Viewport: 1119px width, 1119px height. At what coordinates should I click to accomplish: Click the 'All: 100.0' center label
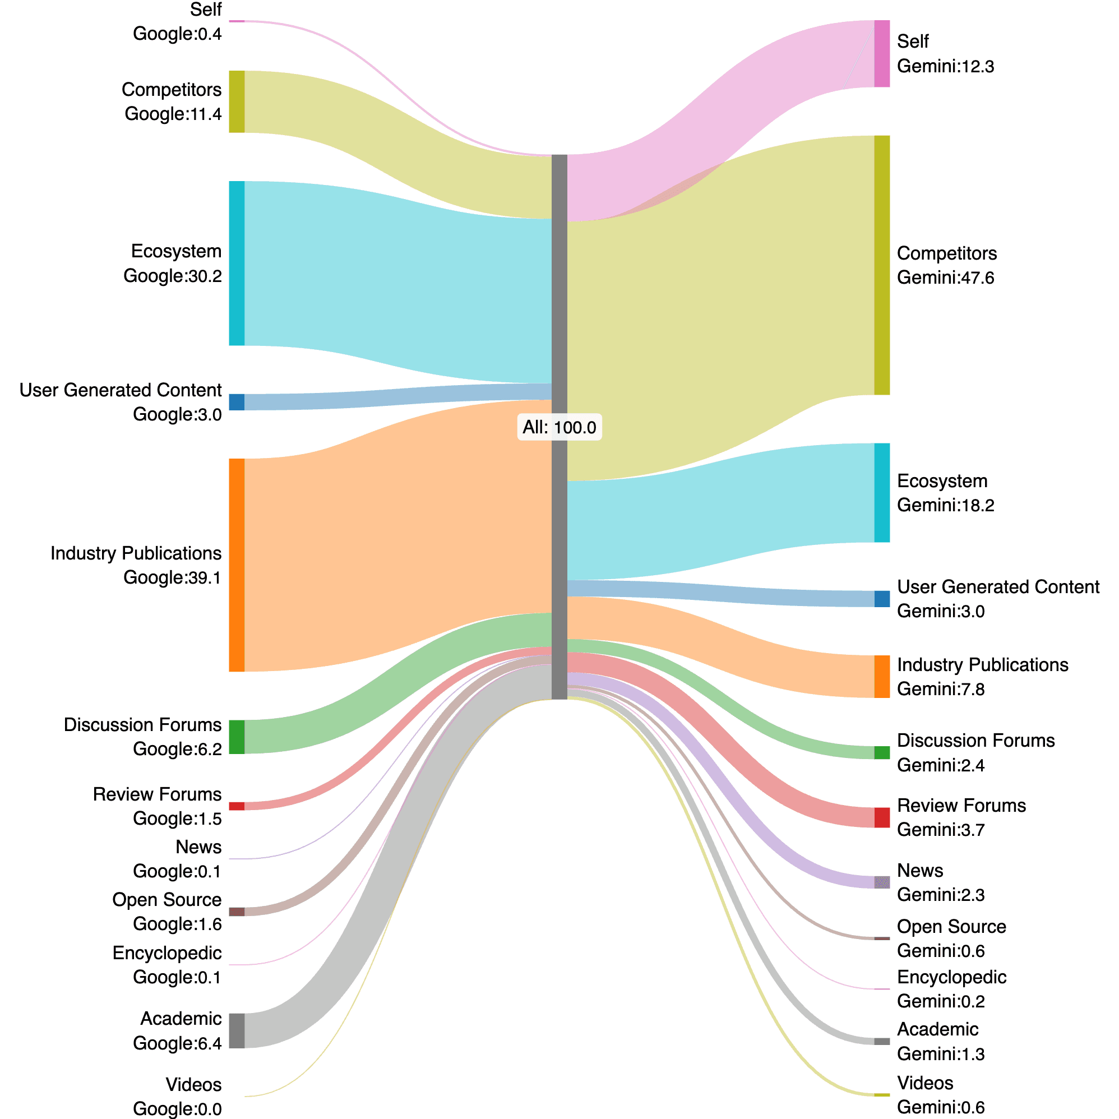(x=559, y=427)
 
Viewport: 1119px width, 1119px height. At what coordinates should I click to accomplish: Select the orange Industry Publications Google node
(x=237, y=565)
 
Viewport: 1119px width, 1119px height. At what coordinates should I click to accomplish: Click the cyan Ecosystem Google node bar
(x=237, y=263)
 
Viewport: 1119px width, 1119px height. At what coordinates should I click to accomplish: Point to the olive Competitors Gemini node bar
(x=881, y=265)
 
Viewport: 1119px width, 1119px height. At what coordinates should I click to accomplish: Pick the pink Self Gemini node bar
(x=881, y=54)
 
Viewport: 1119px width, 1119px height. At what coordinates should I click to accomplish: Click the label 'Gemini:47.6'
(x=945, y=278)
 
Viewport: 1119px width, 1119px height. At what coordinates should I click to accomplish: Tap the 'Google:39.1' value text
(x=172, y=577)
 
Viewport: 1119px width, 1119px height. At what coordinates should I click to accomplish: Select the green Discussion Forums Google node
(x=237, y=737)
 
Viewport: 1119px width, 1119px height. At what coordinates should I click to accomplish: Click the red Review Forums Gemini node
(x=881, y=817)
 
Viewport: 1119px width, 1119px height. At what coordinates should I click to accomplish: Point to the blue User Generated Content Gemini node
(x=881, y=599)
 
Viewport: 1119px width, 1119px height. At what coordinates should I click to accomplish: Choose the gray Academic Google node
(x=237, y=1030)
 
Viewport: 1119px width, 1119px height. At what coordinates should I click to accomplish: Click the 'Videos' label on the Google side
(x=193, y=1084)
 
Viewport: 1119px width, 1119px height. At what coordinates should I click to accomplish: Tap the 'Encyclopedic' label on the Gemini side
(x=951, y=977)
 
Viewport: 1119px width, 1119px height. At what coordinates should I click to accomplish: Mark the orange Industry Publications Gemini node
(x=881, y=677)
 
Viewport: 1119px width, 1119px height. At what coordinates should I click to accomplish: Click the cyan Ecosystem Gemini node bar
(x=881, y=493)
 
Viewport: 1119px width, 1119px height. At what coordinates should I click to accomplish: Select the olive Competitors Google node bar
(x=237, y=101)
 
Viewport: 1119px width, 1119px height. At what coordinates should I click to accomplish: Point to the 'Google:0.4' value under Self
(x=177, y=34)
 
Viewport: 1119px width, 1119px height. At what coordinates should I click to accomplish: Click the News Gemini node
(x=881, y=882)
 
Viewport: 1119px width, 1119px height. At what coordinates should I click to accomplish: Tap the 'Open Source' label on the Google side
(x=167, y=899)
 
